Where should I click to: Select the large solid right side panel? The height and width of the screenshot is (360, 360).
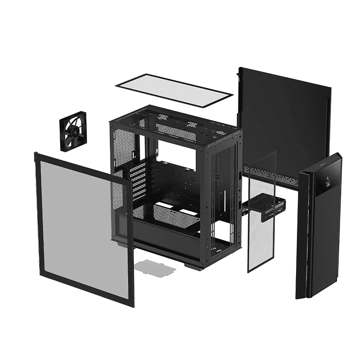click(x=284, y=119)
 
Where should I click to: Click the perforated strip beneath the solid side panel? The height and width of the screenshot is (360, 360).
click(x=275, y=172)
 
